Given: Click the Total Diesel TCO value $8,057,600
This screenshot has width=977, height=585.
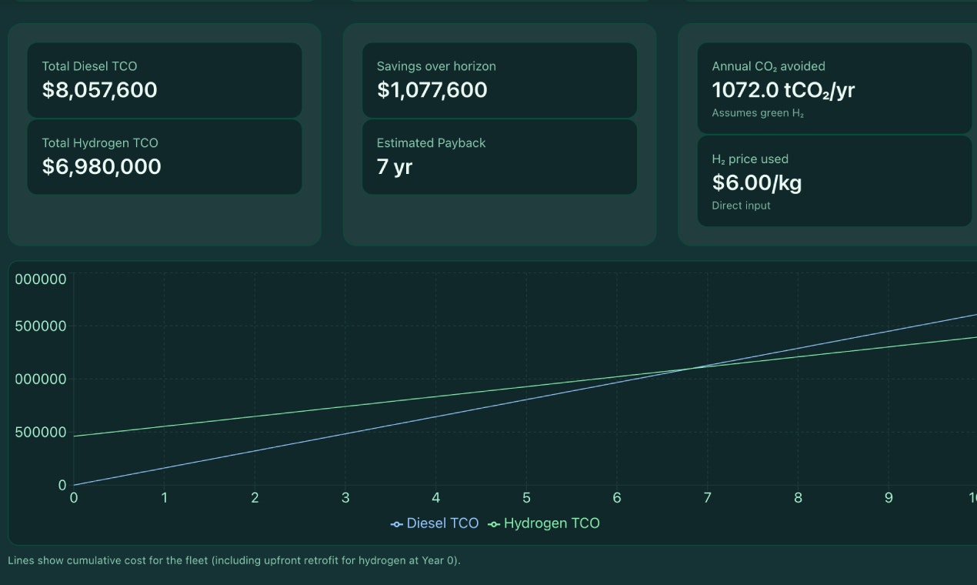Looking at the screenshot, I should (x=100, y=90).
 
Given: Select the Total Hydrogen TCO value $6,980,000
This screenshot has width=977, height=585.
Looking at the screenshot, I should (x=102, y=167).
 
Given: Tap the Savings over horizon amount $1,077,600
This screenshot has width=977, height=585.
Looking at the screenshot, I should (x=432, y=90).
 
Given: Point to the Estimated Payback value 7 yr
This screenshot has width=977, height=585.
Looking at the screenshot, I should (x=395, y=167).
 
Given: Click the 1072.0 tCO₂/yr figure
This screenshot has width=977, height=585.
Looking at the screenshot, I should (x=783, y=91).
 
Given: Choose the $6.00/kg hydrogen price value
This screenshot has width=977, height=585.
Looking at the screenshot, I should (x=757, y=183).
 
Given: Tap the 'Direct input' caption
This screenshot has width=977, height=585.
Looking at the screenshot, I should (x=741, y=206).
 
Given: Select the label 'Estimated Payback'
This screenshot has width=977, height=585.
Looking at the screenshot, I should (x=431, y=143).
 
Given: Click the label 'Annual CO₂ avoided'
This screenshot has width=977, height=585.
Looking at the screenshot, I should (x=769, y=66).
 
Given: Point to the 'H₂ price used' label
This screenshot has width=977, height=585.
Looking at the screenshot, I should (x=750, y=159).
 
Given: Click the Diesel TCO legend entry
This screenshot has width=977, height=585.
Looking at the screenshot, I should (x=435, y=523).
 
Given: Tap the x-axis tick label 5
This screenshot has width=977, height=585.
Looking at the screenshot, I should (x=526, y=498).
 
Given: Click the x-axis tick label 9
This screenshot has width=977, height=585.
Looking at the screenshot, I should (x=889, y=498).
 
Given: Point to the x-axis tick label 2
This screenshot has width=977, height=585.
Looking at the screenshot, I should (x=255, y=498).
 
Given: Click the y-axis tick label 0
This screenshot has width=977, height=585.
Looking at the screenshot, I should (x=62, y=485).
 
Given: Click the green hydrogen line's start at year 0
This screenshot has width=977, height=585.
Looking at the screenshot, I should (x=74, y=436).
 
